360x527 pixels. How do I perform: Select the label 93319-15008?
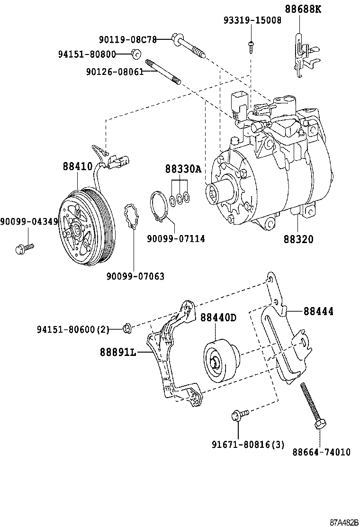pyautogui.click(x=252, y=20)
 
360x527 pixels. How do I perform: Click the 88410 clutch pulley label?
pyautogui.click(x=78, y=166)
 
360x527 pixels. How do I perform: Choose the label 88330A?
pyautogui.click(x=183, y=169)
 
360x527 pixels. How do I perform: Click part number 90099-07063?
pyautogui.click(x=135, y=276)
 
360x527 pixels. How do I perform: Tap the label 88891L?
pyautogui.click(x=118, y=352)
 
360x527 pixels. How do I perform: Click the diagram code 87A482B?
pyautogui.click(x=344, y=522)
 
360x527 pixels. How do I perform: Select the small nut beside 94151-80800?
pyautogui.click(x=135, y=55)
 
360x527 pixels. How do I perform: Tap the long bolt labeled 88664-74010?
pyautogui.click(x=313, y=405)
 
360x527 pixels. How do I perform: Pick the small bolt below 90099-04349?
pyautogui.click(x=24, y=247)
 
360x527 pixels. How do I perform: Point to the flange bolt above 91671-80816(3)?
pyautogui.click(x=239, y=416)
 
